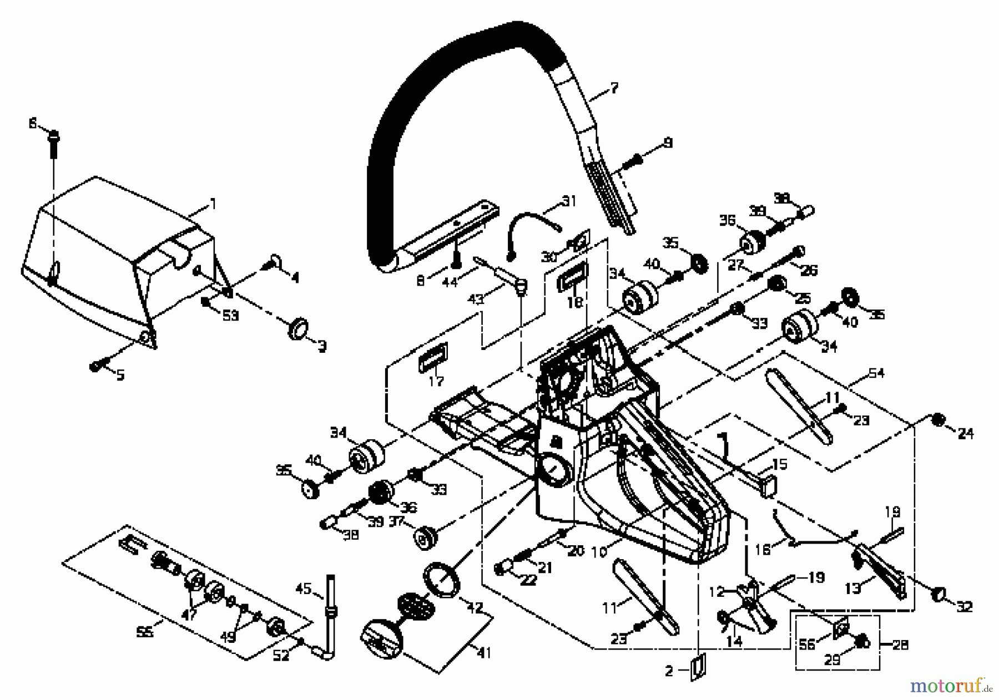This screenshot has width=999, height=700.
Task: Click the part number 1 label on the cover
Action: tap(212, 205)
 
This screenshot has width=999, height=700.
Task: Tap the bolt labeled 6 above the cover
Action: tap(54, 137)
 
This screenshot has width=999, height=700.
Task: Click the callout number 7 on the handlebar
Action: tap(614, 88)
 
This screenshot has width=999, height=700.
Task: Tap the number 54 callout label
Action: tap(876, 373)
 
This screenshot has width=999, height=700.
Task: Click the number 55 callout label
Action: tap(145, 631)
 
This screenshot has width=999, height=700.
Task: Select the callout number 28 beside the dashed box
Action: tap(900, 645)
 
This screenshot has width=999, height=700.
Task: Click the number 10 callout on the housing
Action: tap(600, 552)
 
